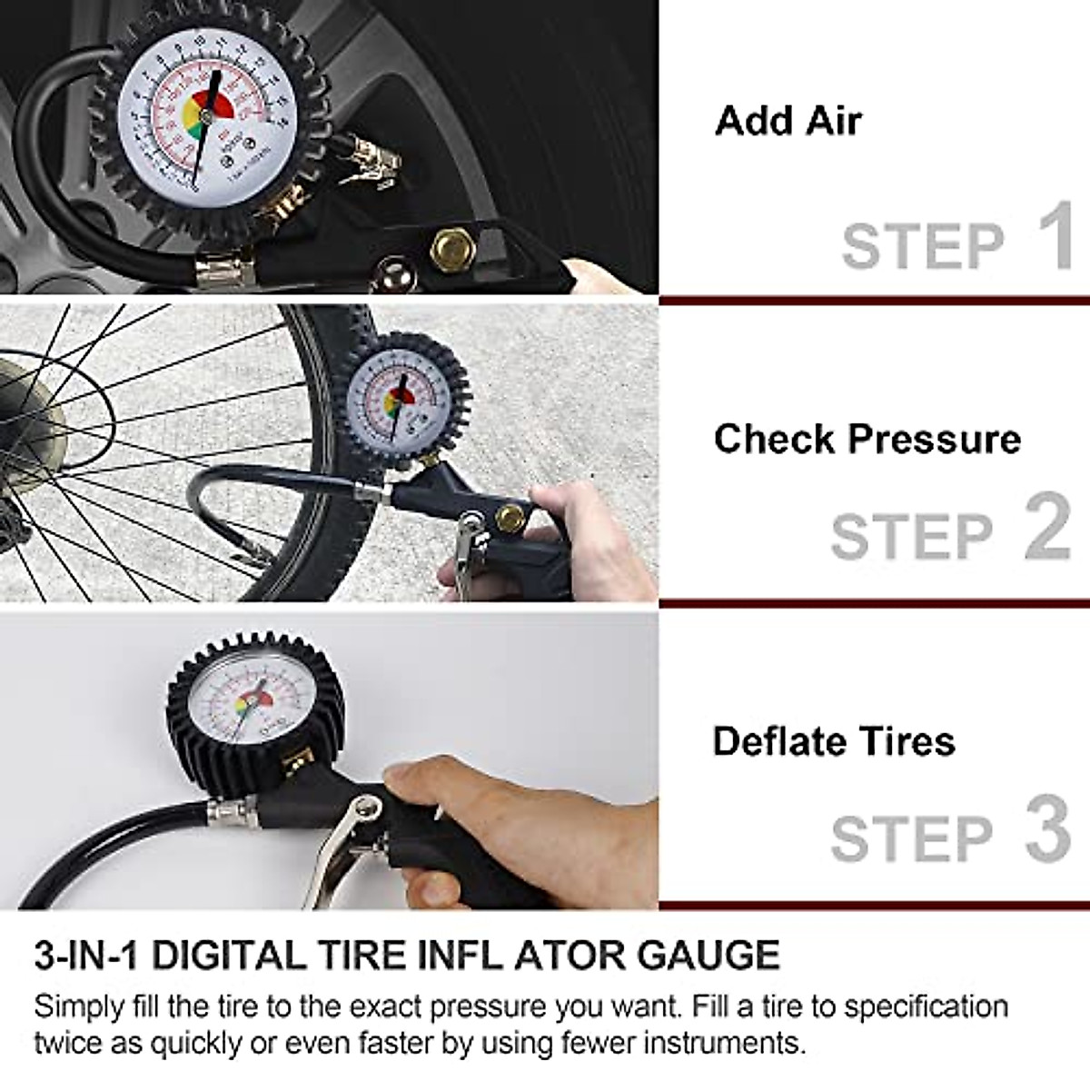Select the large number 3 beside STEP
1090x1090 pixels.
click(x=1048, y=828)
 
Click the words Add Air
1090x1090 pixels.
click(x=788, y=121)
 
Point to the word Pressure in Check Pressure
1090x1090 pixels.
click(x=935, y=440)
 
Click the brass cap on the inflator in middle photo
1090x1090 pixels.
click(x=510, y=521)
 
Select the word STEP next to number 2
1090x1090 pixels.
click(x=912, y=536)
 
